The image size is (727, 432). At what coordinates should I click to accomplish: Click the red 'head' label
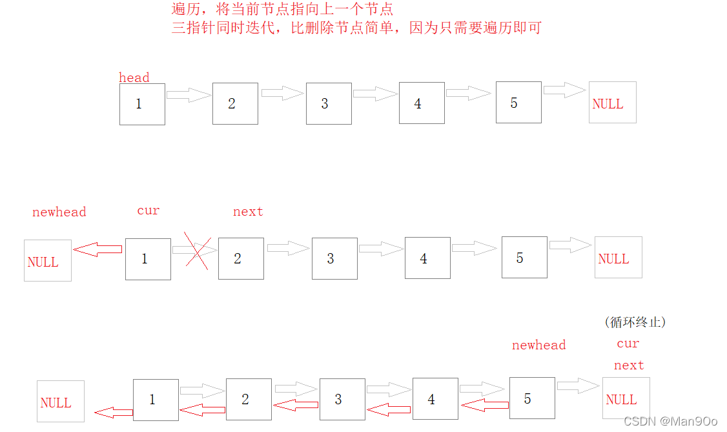pyautogui.click(x=134, y=77)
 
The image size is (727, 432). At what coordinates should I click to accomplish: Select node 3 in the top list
pyautogui.click(x=329, y=103)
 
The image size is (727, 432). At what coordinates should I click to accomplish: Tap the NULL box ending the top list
pyautogui.click(x=612, y=102)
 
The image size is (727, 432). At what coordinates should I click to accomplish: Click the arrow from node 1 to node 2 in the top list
pyautogui.click(x=189, y=95)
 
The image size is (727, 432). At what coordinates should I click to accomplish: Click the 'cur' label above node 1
pyautogui.click(x=148, y=211)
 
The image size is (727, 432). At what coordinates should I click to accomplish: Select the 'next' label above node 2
pyautogui.click(x=248, y=212)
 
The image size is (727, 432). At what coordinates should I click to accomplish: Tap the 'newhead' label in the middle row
pyautogui.click(x=59, y=212)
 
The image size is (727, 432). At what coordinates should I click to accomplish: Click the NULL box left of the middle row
pyautogui.click(x=48, y=260)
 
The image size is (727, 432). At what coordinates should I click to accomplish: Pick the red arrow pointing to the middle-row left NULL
pyautogui.click(x=97, y=249)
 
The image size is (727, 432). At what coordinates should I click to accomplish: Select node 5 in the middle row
pyautogui.click(x=524, y=258)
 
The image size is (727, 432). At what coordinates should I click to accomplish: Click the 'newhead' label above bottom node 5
pyautogui.click(x=538, y=345)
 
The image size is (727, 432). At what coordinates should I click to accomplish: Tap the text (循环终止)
pyautogui.click(x=635, y=322)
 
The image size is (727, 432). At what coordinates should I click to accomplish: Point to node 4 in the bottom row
pyautogui.click(x=435, y=399)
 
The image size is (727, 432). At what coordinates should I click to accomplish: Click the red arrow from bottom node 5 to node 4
pyautogui.click(x=484, y=406)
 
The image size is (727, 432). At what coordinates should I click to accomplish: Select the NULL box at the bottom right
pyautogui.click(x=626, y=398)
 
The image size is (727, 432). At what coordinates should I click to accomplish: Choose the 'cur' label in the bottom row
pyautogui.click(x=628, y=344)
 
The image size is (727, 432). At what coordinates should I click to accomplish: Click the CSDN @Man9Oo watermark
pyautogui.click(x=671, y=421)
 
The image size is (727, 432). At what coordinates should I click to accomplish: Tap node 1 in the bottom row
pyautogui.click(x=156, y=400)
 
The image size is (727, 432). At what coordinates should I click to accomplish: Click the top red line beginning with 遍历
pyautogui.click(x=282, y=9)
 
